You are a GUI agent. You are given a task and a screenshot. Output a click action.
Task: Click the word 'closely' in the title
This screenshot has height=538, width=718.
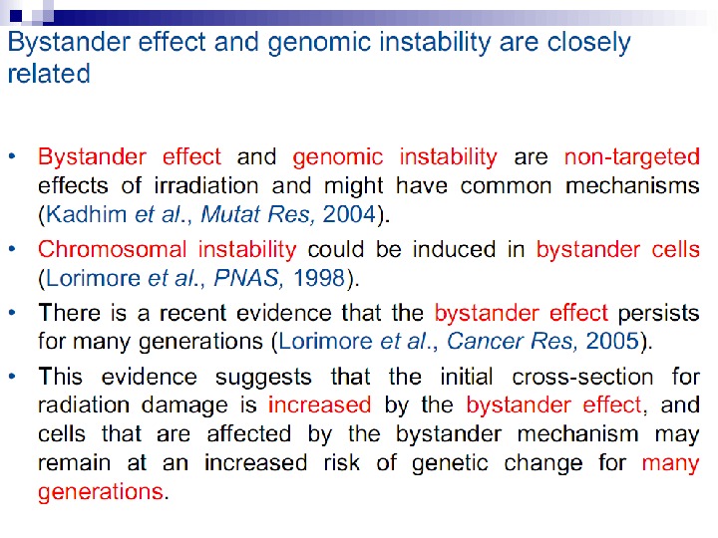[x=583, y=43]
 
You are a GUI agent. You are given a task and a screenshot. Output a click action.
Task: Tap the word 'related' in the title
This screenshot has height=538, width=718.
[x=48, y=74]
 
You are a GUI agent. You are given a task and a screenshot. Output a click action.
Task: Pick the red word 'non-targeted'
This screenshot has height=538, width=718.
[x=631, y=157]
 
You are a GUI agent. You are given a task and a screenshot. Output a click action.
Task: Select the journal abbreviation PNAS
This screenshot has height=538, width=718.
[x=242, y=278]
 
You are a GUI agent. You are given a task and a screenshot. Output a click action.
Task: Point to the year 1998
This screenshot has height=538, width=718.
[x=318, y=278]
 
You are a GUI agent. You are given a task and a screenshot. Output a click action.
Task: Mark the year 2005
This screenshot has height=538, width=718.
[x=612, y=342]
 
